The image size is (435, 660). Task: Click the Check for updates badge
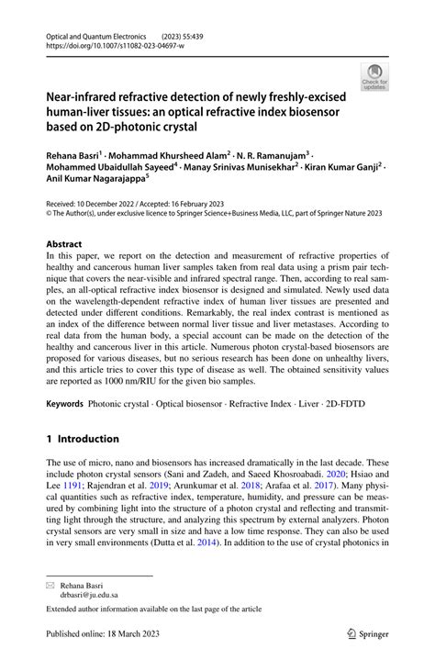374,76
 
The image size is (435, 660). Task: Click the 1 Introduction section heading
83,438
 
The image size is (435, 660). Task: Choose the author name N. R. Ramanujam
273,158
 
